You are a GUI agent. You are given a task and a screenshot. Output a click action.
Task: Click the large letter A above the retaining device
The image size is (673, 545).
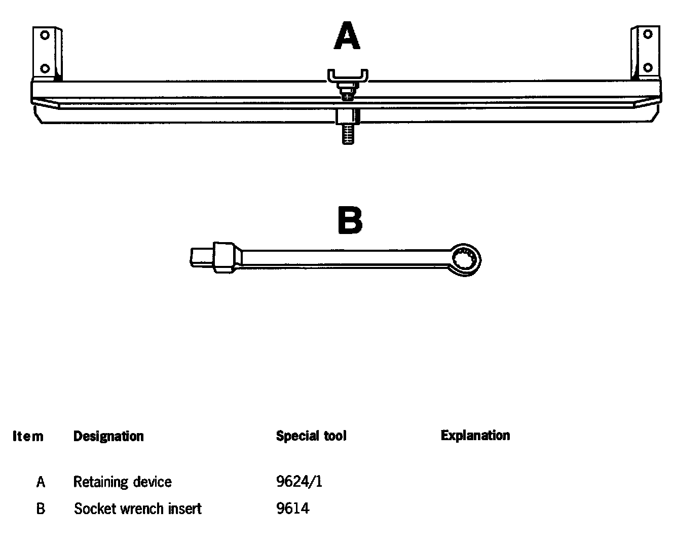(x=347, y=36)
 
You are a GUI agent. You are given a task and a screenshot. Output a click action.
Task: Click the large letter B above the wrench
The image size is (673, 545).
(x=350, y=221)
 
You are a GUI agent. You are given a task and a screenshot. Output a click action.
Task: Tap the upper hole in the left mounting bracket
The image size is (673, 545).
(x=45, y=35)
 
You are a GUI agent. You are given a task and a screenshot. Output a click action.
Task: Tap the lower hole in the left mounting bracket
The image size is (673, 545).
(x=45, y=67)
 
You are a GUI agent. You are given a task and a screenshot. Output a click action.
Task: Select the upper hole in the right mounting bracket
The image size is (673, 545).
(x=647, y=34)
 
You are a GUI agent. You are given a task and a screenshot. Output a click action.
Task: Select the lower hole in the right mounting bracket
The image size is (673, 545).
(x=647, y=67)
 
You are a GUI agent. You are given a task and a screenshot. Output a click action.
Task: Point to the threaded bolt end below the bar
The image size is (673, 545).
(x=347, y=135)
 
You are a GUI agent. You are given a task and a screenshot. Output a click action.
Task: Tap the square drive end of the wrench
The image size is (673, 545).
(x=203, y=256)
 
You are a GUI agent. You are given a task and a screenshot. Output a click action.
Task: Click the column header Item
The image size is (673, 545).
(x=28, y=436)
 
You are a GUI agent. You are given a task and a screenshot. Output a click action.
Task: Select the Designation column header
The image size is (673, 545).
(x=108, y=436)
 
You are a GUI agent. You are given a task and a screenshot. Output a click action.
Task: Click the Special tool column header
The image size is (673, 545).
(x=311, y=436)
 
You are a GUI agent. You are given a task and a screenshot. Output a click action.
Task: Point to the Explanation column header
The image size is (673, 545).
(x=475, y=436)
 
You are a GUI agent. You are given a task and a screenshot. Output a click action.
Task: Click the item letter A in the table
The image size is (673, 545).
(x=41, y=482)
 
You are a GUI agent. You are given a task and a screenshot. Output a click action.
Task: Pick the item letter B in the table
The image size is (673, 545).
(x=41, y=509)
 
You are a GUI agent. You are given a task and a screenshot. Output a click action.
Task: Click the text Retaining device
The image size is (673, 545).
(x=122, y=482)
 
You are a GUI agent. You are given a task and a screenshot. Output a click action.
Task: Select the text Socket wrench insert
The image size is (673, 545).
(x=137, y=509)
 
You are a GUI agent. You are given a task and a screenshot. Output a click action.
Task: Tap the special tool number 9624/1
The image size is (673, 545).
(x=299, y=482)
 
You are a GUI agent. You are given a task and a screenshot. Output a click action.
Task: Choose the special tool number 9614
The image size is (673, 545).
(x=292, y=509)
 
